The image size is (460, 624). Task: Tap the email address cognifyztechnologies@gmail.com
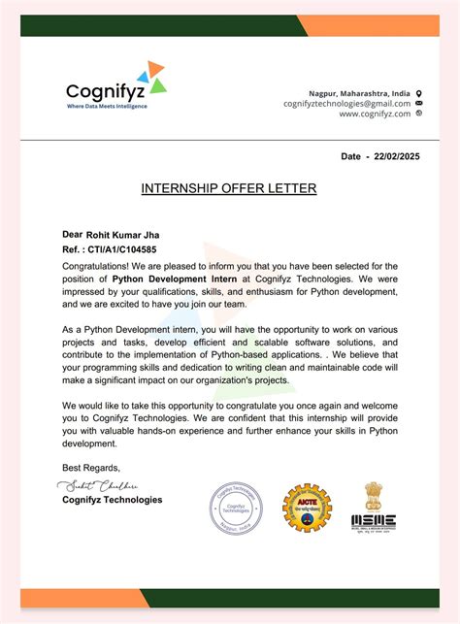pyautogui.click(x=346, y=103)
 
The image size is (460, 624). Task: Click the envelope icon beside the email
pyautogui.click(x=419, y=103)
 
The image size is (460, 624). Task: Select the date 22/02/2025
pyautogui.click(x=399, y=156)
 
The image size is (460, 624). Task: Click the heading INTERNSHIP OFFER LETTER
pyautogui.click(x=229, y=186)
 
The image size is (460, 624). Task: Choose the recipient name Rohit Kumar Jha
pyautogui.click(x=123, y=234)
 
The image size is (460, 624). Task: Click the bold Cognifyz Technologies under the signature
pyautogui.click(x=112, y=500)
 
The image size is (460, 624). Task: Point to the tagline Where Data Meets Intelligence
pyautogui.click(x=107, y=106)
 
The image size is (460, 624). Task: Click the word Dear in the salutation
pyautogui.click(x=72, y=234)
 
